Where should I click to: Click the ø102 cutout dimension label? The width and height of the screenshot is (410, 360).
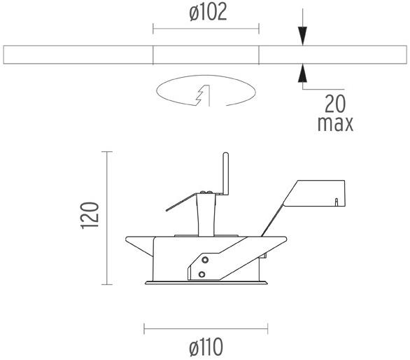(206, 13)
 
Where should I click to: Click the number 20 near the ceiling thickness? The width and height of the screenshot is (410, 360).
(336, 104)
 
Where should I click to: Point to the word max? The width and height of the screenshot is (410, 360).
(335, 124)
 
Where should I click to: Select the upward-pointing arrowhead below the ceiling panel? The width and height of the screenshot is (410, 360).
(302, 72)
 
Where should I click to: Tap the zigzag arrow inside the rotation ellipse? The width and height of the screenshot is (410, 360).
(203, 95)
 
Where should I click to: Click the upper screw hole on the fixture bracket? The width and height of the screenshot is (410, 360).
(204, 260)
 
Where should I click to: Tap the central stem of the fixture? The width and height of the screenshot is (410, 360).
(206, 214)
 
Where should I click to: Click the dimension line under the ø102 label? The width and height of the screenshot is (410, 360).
(206, 29)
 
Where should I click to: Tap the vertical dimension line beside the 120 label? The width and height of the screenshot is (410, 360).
(107, 217)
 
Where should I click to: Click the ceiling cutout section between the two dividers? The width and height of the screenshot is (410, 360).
(206, 55)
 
